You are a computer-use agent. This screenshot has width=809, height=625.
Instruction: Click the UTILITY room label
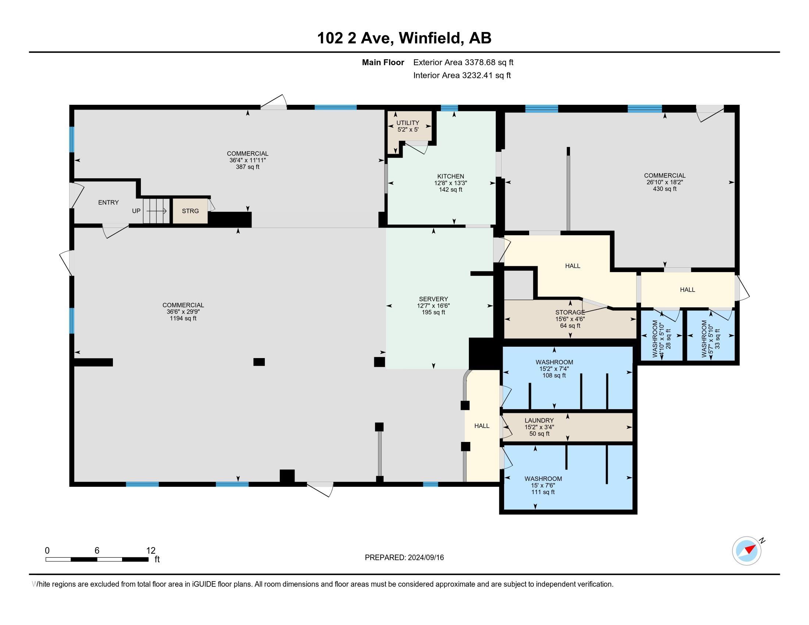pos(408,123)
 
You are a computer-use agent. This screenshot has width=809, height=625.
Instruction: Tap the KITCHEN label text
pos(450,176)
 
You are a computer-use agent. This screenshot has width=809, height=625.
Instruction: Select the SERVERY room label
pos(434,299)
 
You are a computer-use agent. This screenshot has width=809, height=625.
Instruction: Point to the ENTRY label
pos(108,203)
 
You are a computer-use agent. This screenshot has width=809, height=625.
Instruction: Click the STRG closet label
pos(190,211)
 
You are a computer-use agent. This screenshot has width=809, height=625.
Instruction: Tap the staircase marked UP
pos(156,211)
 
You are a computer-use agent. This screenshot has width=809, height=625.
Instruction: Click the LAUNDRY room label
pos(539,420)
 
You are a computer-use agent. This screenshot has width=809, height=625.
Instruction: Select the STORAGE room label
pos(570,312)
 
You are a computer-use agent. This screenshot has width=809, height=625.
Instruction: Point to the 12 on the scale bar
pos(151,551)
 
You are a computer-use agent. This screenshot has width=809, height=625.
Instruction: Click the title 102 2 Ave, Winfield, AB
pos(404,38)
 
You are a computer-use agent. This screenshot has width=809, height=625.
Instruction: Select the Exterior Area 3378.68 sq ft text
pos(463,63)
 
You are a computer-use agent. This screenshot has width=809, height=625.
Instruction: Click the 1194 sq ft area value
pos(183,318)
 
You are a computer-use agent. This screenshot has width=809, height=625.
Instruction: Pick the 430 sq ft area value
pos(664,189)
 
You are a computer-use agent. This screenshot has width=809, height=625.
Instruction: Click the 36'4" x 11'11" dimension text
pos(247,160)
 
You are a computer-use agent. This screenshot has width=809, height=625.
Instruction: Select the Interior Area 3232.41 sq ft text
pos(462,75)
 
